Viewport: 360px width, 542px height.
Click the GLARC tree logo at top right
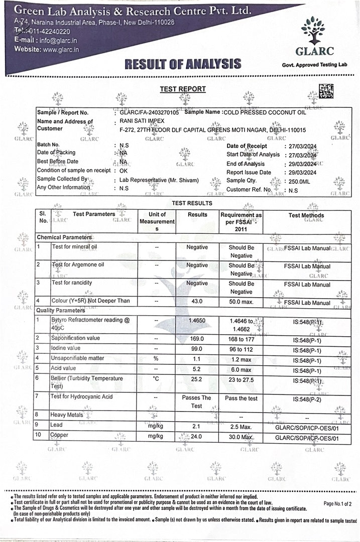[x=313, y=31]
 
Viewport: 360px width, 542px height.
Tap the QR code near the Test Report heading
[x=326, y=91]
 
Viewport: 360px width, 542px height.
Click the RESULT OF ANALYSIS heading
[x=182, y=64]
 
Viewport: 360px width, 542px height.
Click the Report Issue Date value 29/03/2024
[x=300, y=172]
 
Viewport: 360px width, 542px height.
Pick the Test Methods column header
[x=306, y=215]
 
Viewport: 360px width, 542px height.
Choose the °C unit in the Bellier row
[x=157, y=378]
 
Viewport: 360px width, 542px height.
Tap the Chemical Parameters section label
[x=64, y=237]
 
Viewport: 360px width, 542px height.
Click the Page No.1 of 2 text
[x=337, y=503]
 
